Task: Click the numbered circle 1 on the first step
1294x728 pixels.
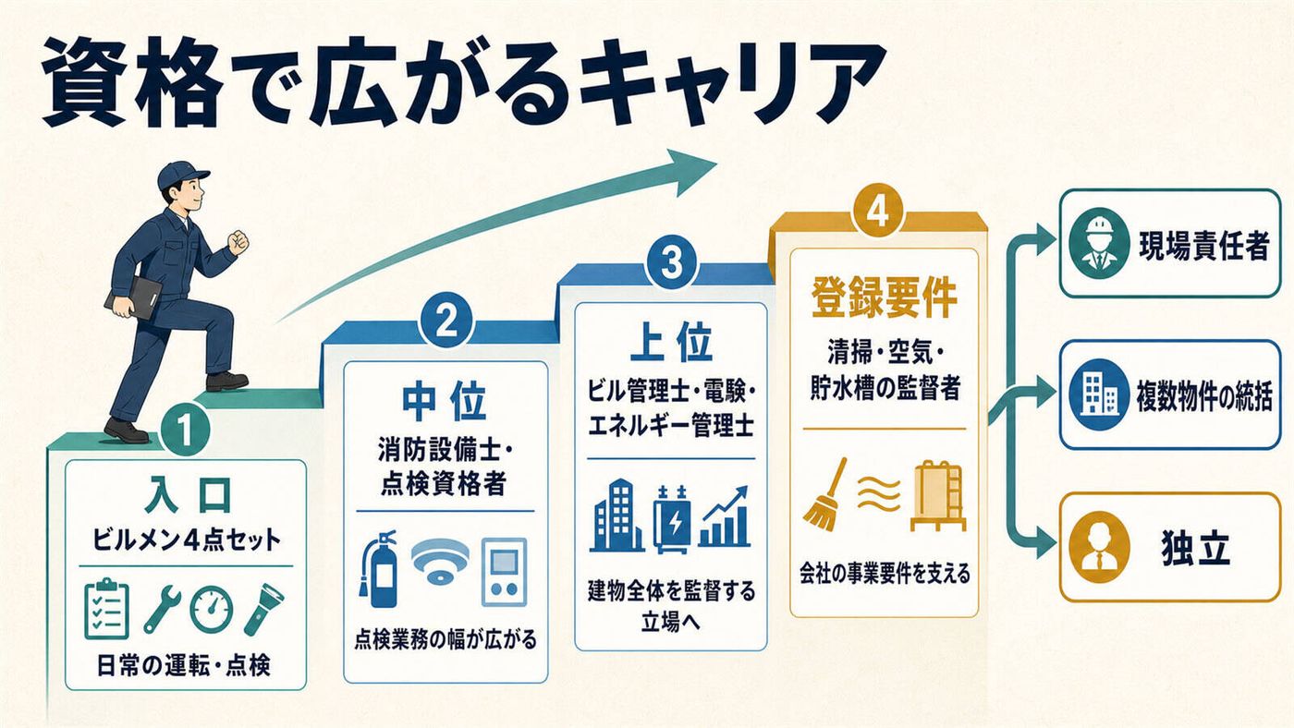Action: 185,431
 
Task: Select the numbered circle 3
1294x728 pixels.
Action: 672,263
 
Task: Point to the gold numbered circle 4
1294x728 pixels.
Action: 878,212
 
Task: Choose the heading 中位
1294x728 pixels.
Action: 445,400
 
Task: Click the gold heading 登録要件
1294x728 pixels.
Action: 885,297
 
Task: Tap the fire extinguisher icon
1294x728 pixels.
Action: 378,569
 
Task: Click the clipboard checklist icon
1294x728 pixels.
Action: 107,609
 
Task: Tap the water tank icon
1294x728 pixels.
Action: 938,495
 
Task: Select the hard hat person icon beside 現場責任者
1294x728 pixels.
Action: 1099,244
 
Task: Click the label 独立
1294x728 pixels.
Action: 1195,547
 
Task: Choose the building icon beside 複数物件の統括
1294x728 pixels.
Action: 1099,394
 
